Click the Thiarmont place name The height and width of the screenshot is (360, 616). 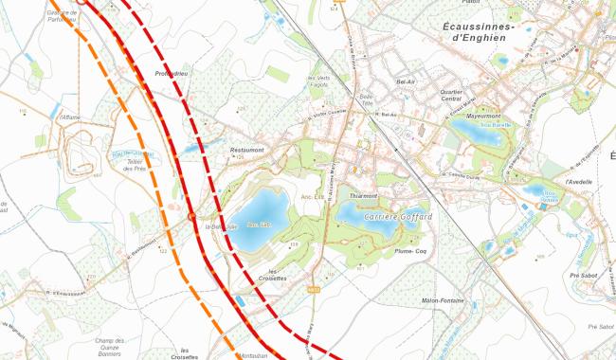coord(364,195)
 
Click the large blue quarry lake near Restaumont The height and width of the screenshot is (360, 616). coord(258,221)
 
